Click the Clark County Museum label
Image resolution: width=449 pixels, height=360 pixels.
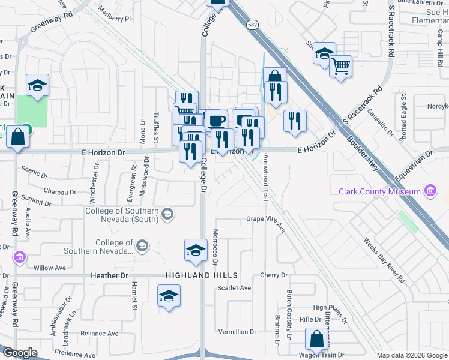click(x=379, y=191)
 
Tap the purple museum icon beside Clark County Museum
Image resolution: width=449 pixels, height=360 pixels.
click(x=429, y=191)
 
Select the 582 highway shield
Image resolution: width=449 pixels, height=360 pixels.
click(x=252, y=24)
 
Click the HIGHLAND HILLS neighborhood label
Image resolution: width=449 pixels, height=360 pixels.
click(x=202, y=275)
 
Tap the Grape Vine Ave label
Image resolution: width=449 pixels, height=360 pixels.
click(x=266, y=220)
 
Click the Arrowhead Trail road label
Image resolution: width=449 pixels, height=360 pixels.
click(x=265, y=177)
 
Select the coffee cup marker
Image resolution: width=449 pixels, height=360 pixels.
click(x=216, y=120)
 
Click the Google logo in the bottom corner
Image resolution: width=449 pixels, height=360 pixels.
click(x=20, y=353)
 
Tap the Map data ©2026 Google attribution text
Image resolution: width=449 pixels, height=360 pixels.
click(x=412, y=355)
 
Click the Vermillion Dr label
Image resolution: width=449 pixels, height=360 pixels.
click(x=237, y=332)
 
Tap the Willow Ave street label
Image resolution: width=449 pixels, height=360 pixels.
click(x=50, y=268)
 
